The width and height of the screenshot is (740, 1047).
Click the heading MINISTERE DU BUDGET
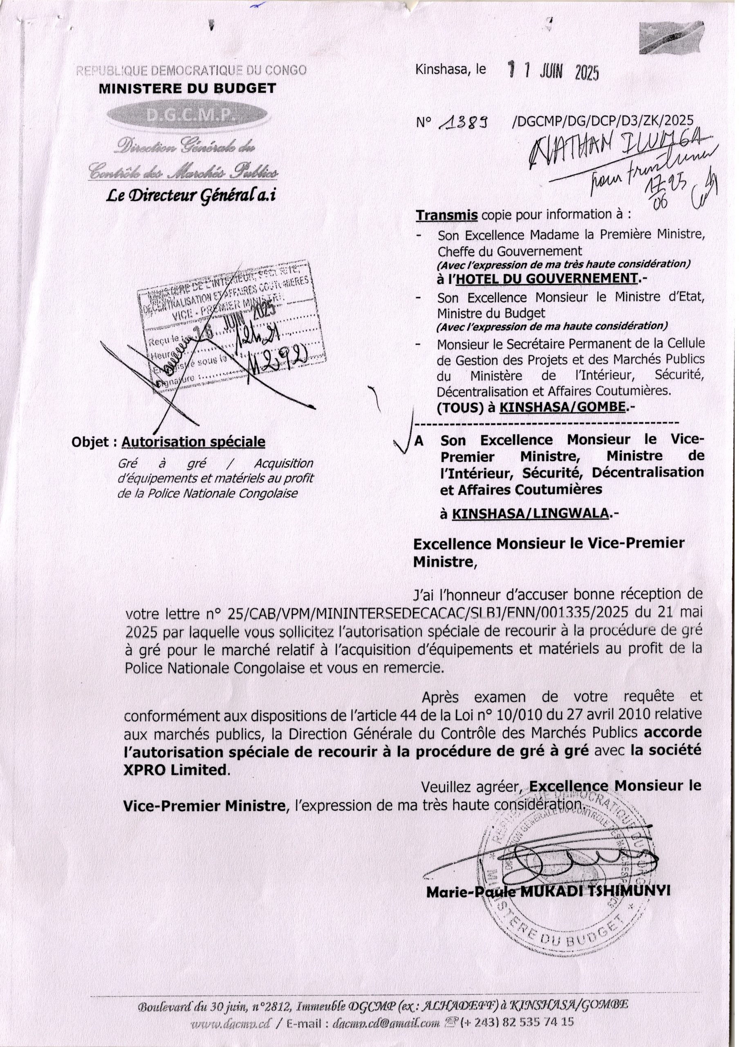point(187,88)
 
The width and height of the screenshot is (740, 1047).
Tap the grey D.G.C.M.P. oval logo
point(186,115)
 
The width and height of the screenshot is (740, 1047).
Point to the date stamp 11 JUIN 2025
point(553,72)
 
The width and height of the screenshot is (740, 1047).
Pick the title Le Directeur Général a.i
point(191,195)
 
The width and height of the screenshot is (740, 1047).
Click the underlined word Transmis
point(447,215)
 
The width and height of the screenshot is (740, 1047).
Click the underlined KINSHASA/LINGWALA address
point(530,514)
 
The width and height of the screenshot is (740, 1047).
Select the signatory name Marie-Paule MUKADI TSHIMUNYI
point(547,892)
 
